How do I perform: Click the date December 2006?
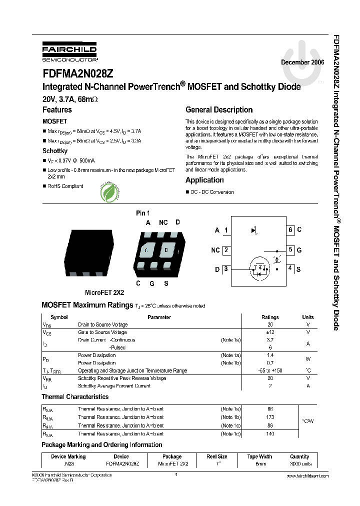302,62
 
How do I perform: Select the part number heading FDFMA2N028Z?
77,73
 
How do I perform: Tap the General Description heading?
219,110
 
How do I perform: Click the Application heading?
204,180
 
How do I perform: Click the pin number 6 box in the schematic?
290,230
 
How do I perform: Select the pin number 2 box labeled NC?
226,250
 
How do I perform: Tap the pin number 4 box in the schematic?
290,268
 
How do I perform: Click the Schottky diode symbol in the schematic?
254,230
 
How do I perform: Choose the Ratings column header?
270,317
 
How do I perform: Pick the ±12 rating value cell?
270,332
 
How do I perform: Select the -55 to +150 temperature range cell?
270,370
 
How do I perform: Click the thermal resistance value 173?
270,417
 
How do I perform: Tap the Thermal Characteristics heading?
74,396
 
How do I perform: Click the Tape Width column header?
259,456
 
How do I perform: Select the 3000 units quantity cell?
299,464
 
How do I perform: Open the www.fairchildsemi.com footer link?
308,476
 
